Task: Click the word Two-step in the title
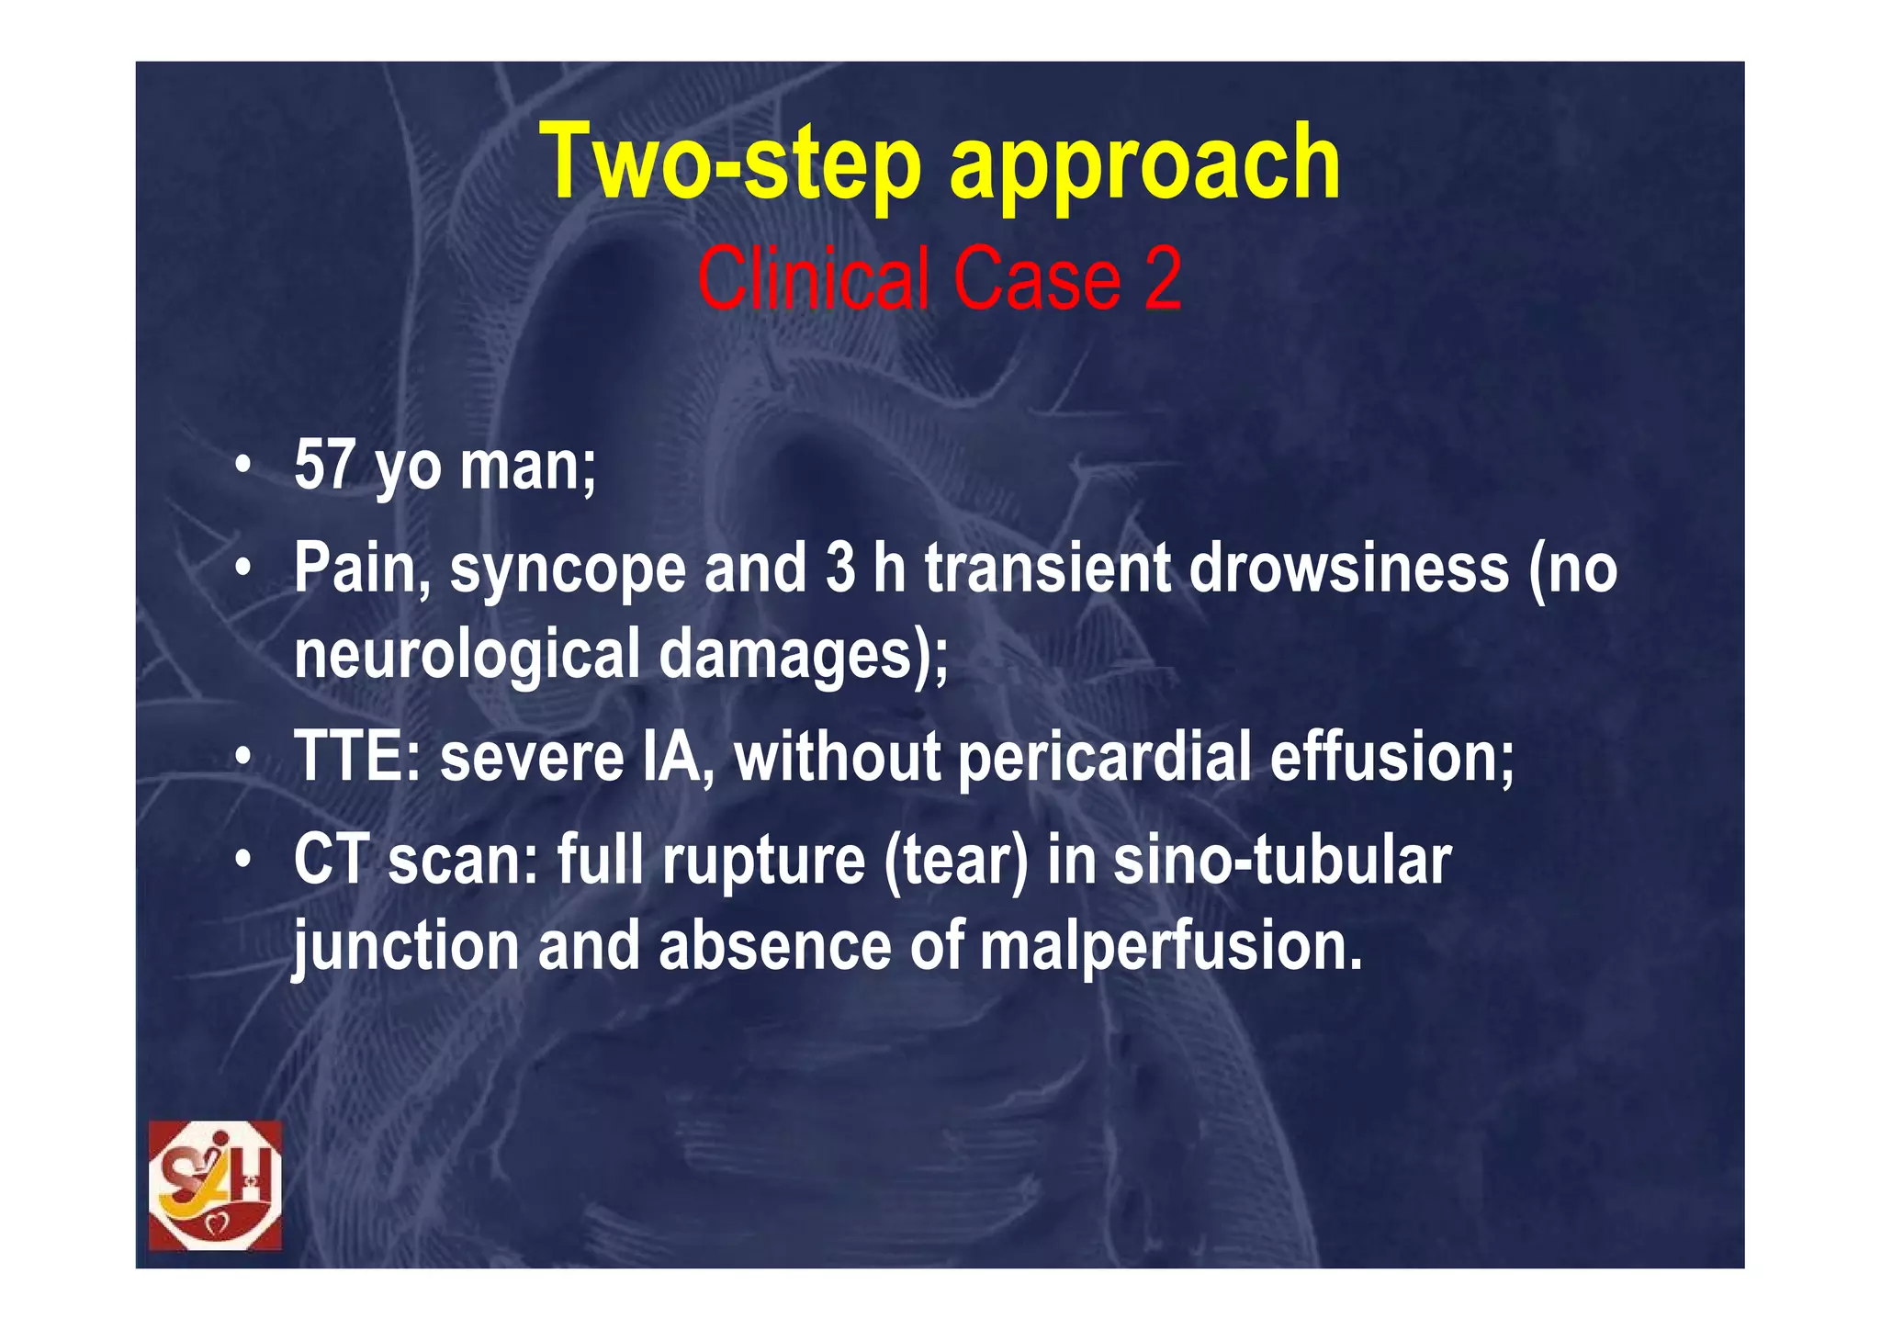[729, 163]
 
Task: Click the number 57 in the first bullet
[324, 465]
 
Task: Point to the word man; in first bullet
[528, 465]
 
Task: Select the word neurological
[467, 654]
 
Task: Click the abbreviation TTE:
[357, 758]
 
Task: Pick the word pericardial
[1105, 759]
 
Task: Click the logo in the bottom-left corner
[215, 1185]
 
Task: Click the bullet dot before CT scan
[242, 862]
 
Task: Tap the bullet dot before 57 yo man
[242, 466]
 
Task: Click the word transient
[1047, 568]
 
